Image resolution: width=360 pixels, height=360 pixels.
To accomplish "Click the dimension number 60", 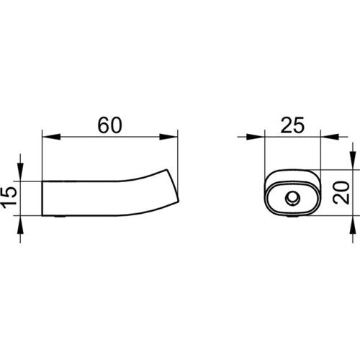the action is pyautogui.click(x=109, y=125).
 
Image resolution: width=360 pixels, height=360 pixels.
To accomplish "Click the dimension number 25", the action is pyautogui.click(x=292, y=125).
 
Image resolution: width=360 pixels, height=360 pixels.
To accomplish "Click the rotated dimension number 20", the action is pyautogui.click(x=341, y=193).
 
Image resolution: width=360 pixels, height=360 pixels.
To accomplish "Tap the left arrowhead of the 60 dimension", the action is pyautogui.click(x=51, y=137).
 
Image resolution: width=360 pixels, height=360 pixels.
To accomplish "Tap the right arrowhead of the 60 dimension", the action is pyautogui.click(x=168, y=137).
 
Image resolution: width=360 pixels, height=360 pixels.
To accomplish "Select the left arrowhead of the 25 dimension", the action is pyautogui.click(x=256, y=137).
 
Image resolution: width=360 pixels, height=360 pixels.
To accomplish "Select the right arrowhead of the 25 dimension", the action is pyautogui.click(x=330, y=137).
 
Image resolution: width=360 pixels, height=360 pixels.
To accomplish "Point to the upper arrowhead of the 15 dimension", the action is pyautogui.click(x=20, y=172).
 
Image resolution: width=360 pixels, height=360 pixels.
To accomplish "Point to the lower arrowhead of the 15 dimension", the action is pyautogui.click(x=20, y=225).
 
